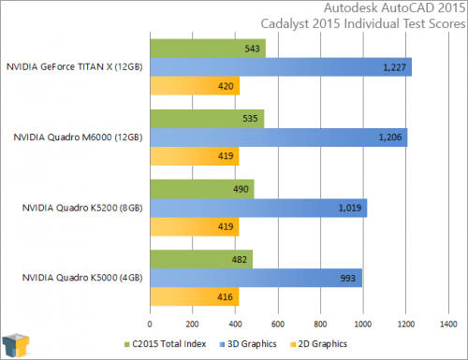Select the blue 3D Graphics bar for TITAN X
(x=281, y=66)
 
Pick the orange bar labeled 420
(x=195, y=86)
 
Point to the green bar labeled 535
(x=207, y=119)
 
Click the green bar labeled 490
(x=202, y=190)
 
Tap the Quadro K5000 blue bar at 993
(x=256, y=279)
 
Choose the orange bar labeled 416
(x=194, y=298)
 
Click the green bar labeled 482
(x=201, y=260)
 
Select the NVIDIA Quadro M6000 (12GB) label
(x=78, y=137)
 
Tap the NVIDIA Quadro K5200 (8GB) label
(x=80, y=209)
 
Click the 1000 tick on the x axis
(x=362, y=324)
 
